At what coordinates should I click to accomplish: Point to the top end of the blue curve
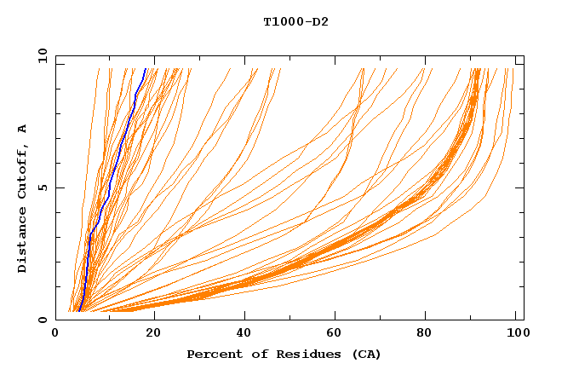pyautogui.click(x=146, y=69)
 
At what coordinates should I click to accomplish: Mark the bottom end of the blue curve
pyautogui.click(x=79, y=311)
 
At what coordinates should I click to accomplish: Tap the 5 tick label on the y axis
pyautogui.click(x=42, y=187)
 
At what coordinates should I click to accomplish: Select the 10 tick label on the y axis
pyautogui.click(x=39, y=55)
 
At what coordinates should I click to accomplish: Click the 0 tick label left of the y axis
pyautogui.click(x=42, y=320)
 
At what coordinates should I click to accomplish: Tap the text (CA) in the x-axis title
pyautogui.click(x=365, y=355)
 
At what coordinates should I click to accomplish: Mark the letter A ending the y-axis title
pyautogui.click(x=22, y=129)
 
